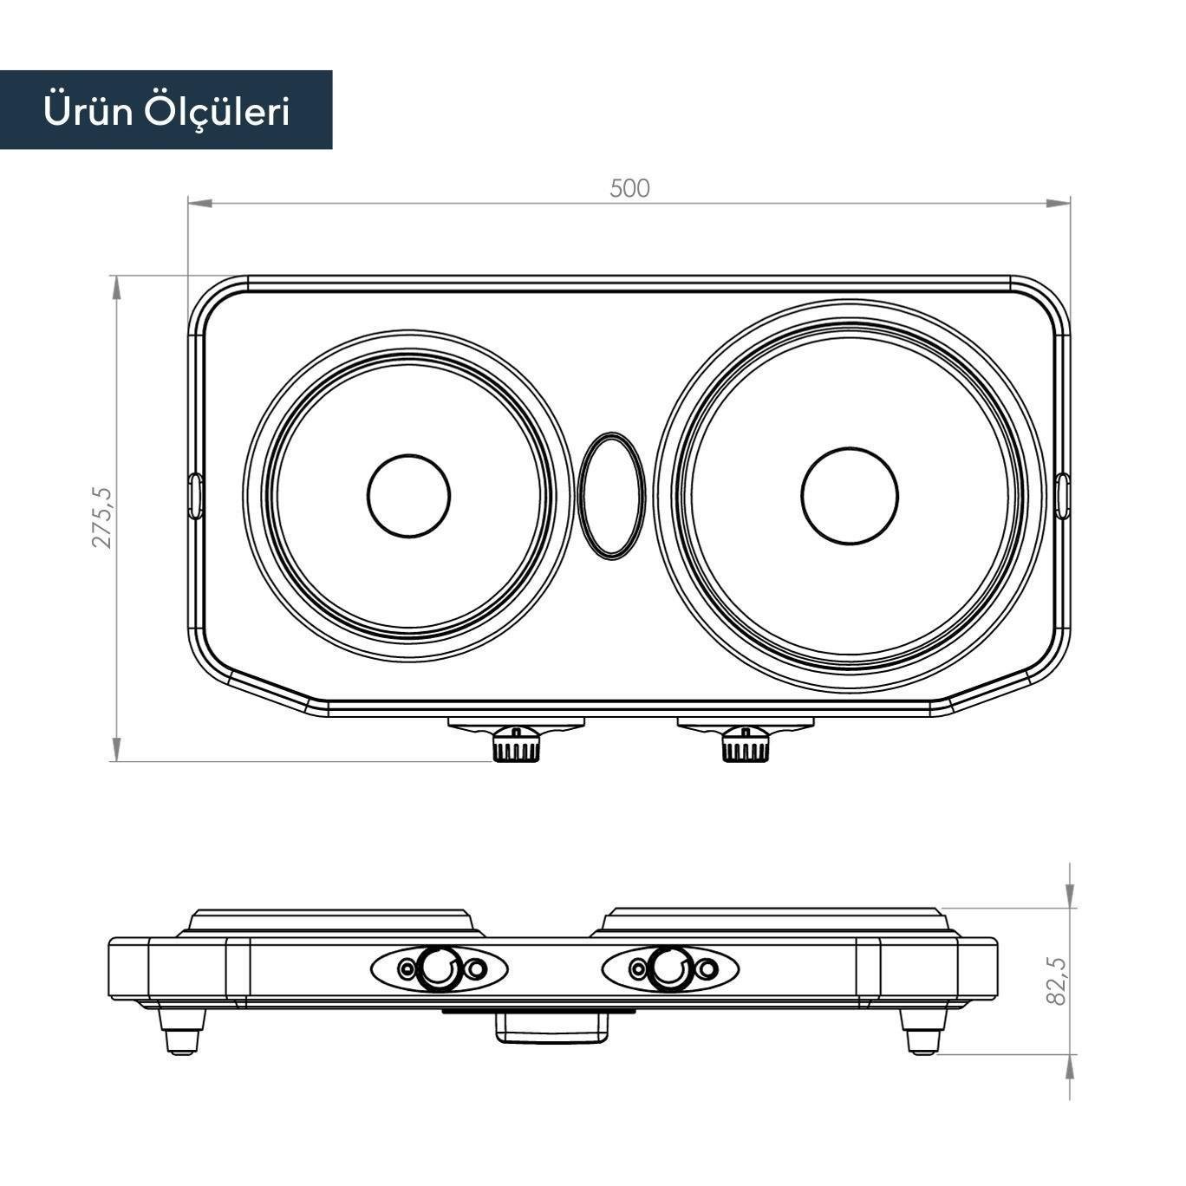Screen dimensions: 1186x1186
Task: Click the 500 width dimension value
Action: (629, 188)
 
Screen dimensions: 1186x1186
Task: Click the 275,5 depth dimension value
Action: (103, 517)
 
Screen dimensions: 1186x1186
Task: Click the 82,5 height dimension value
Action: (1057, 981)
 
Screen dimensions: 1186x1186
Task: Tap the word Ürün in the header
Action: (86, 111)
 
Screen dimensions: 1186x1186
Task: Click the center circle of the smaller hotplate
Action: (408, 496)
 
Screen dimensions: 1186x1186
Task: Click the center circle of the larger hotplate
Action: (850, 496)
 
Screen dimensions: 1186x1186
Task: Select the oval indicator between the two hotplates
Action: (611, 496)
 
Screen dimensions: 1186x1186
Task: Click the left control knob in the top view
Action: (516, 745)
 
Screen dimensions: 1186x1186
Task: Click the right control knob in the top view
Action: (746, 745)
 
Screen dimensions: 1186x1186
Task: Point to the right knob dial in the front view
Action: (669, 968)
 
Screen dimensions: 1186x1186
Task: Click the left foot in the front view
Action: (182, 1032)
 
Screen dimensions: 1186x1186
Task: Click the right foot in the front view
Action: (922, 1032)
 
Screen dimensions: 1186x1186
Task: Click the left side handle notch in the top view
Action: (195, 496)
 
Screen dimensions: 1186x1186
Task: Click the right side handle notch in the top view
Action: (1064, 496)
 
